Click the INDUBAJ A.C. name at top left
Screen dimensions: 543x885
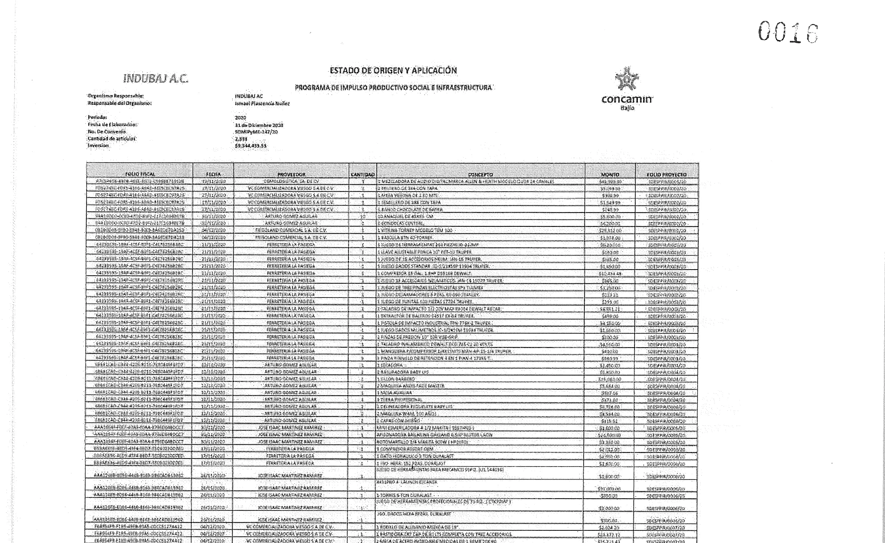(156, 78)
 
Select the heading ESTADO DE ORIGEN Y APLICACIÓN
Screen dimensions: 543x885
(393, 70)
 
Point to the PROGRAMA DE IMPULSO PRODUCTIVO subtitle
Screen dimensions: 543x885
(393, 88)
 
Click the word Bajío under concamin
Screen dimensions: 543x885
(627, 108)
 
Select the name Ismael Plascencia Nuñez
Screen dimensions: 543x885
(262, 103)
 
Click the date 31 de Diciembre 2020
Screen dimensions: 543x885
(259, 125)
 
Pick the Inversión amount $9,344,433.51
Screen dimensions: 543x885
(251, 146)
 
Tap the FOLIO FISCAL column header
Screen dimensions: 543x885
(140, 174)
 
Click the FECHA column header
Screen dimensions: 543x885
(213, 174)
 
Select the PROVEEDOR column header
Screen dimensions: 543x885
(291, 174)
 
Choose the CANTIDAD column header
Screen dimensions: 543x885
(362, 174)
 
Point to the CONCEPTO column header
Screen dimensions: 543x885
(480, 174)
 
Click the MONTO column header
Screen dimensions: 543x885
(610, 174)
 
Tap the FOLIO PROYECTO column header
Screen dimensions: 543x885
(667, 174)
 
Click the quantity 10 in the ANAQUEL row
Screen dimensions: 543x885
(362, 216)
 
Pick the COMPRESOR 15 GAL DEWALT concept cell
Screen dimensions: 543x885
(425, 273)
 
